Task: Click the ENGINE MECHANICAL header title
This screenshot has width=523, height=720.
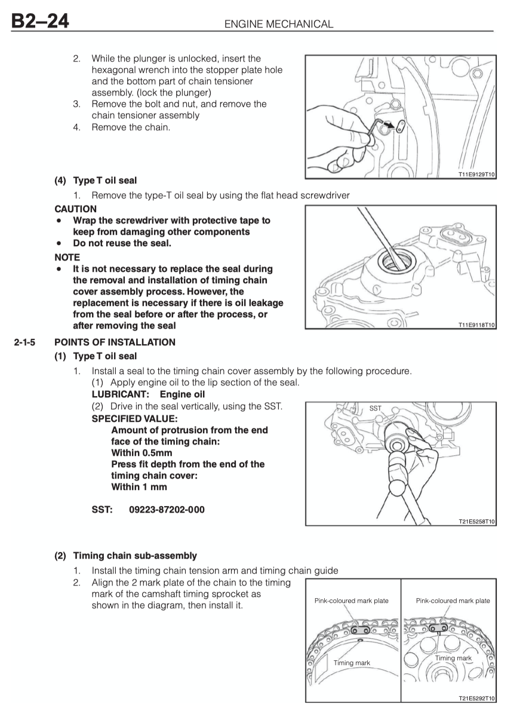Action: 277,24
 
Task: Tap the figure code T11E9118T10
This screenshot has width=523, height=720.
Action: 475,324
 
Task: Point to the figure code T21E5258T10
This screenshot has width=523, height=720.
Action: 475,521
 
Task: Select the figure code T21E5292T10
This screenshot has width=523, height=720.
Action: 475,697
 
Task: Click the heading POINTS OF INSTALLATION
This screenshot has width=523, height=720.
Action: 115,342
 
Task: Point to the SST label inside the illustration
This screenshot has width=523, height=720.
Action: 375,408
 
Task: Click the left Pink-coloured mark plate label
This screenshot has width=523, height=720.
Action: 351,600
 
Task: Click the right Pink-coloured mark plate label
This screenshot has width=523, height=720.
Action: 453,600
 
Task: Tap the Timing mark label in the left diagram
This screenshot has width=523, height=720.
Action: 352,663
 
